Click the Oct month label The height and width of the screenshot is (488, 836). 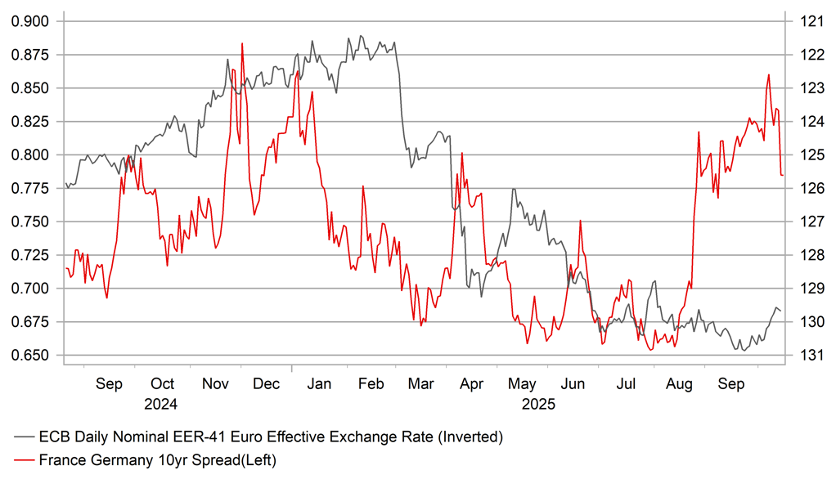click(x=163, y=384)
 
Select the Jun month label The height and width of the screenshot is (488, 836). click(x=573, y=384)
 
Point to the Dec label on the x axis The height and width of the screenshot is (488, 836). click(x=266, y=384)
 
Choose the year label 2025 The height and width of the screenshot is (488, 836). click(x=538, y=404)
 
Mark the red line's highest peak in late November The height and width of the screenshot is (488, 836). click(x=243, y=43)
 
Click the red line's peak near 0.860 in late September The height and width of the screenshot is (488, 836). click(x=769, y=74)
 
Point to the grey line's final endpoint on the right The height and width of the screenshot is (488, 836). click(x=780, y=311)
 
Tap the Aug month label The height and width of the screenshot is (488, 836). click(x=680, y=384)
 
